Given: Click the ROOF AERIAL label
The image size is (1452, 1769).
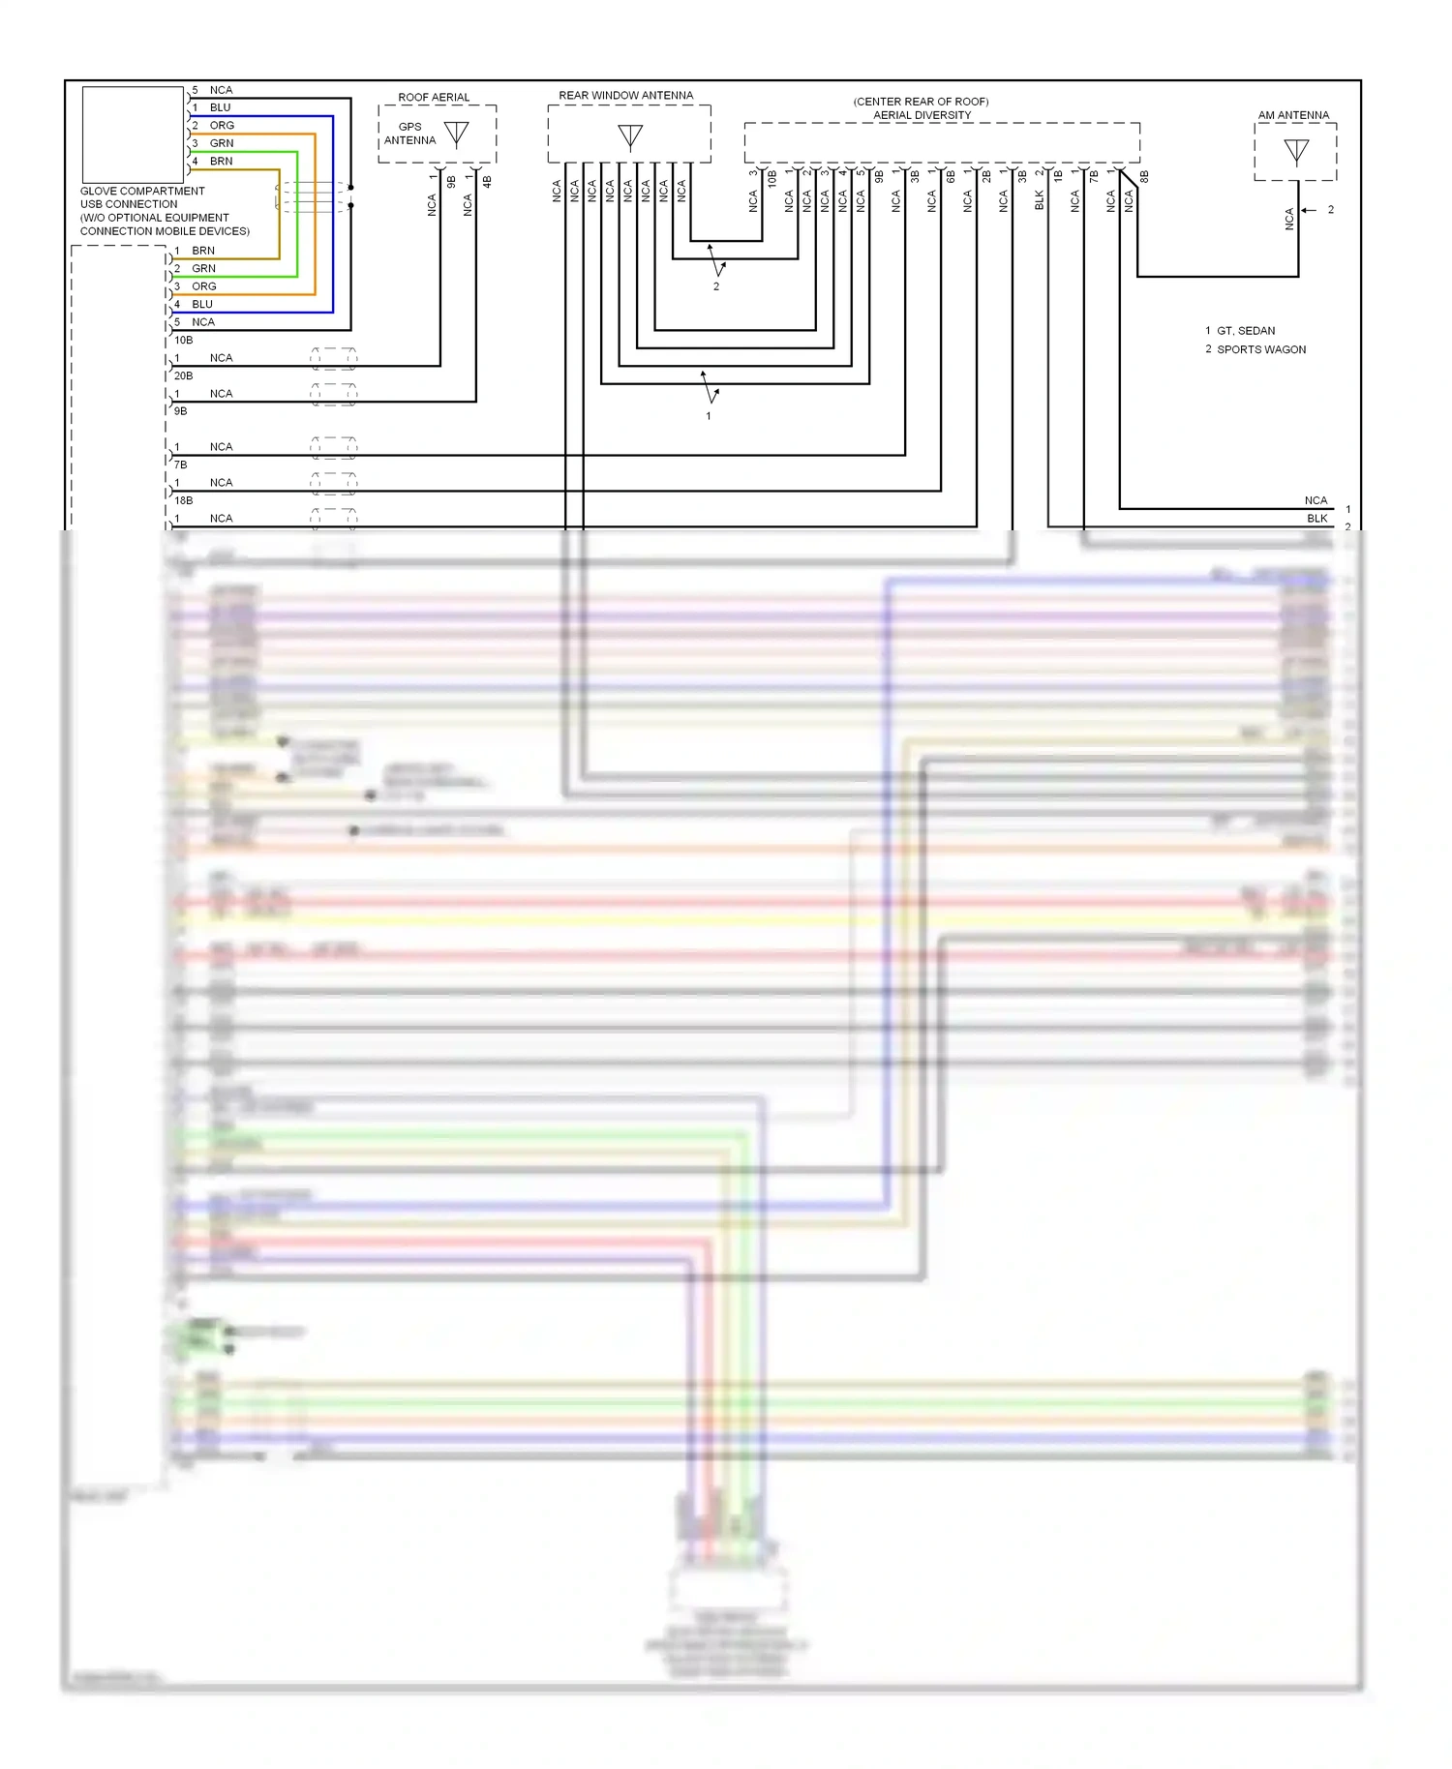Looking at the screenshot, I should coord(434,98).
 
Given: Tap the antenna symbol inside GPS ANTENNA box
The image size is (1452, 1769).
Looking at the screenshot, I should coord(456,134).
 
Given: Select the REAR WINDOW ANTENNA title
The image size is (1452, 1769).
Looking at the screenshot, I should coord(625,96).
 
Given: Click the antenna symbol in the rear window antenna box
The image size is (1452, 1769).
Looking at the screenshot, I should coord(630,136).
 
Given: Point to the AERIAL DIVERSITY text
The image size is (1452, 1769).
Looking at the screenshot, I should coord(922,115).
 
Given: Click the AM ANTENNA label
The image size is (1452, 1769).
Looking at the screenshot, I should coord(1293,115).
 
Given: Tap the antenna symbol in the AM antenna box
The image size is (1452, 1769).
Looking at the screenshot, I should coord(1296,151).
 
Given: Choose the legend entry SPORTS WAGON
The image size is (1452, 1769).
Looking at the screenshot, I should coord(1260,349).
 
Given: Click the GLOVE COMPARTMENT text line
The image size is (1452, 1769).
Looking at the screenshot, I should coord(142,192).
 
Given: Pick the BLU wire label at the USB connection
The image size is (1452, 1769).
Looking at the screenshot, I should coord(221,107).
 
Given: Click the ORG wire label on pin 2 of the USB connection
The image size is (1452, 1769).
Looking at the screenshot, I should coord(222,126).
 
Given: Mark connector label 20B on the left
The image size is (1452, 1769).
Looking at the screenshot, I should coord(183,375).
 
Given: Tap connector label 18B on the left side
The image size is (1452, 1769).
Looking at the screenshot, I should coord(183,500).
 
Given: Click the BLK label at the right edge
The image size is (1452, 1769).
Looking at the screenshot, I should coord(1316,519).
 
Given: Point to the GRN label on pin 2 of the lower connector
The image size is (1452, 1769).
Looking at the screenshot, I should coord(203,269).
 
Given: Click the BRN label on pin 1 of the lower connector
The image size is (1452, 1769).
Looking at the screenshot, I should coord(203,251).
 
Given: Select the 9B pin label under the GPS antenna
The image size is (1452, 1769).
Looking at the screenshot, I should coord(452,182).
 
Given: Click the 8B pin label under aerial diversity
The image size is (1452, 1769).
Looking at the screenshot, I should coord(1144,177).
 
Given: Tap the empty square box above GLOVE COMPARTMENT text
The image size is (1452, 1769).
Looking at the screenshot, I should coord(133,135).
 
